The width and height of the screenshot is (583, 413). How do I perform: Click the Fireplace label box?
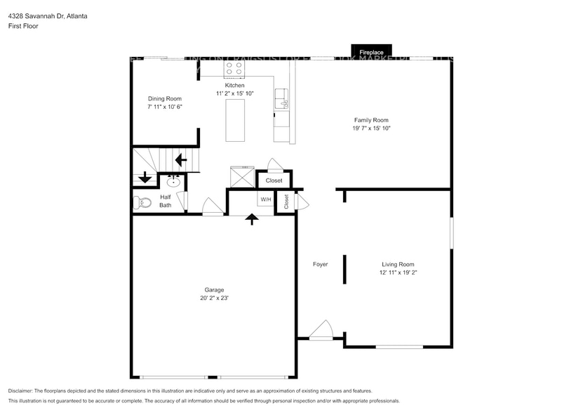pos(371,52)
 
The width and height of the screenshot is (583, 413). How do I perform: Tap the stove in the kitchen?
pos(234,68)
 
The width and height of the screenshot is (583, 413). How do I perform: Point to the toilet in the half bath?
pos(142,203)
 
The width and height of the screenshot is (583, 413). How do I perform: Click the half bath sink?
pos(173,183)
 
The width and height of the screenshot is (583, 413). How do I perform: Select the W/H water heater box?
pos(266,199)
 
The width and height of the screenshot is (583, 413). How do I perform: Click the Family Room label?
pos(370,120)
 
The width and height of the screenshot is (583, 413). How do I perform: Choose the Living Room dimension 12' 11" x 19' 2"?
pos(398,273)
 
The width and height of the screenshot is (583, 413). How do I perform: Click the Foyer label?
pos(320,264)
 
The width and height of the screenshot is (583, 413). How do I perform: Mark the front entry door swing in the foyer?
pos(321,329)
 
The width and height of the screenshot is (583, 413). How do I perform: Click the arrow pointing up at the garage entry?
pos(251,219)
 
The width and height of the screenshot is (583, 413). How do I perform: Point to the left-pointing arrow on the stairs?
pos(180,159)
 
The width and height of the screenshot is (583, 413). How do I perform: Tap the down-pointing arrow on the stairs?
pos(145,177)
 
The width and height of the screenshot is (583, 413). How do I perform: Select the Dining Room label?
pos(164,99)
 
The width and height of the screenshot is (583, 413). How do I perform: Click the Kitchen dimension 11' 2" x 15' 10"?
pos(234,93)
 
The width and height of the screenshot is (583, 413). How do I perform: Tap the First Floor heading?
pos(24,26)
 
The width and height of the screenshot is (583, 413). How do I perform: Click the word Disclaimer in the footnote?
pos(21,391)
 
